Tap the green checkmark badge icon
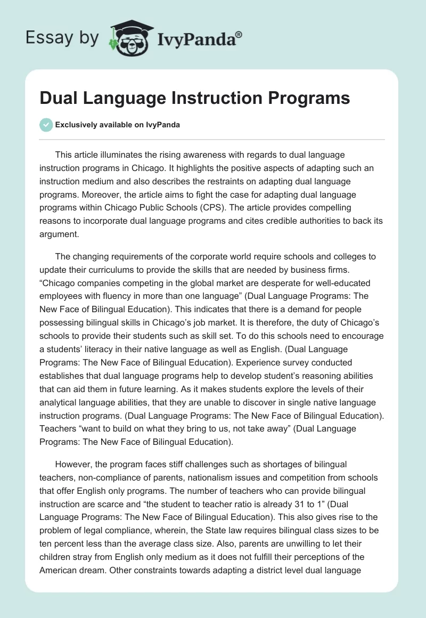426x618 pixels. pyautogui.click(x=46, y=125)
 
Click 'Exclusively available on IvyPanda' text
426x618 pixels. pyautogui.click(x=118, y=125)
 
